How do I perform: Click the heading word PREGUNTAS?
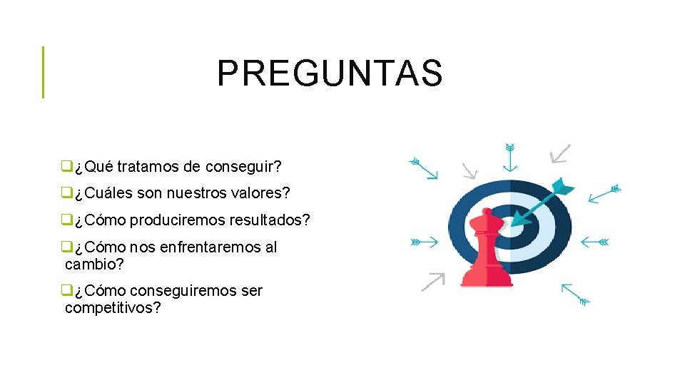tap(330, 73)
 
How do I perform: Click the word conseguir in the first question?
tap(243, 167)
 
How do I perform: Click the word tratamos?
tap(148, 167)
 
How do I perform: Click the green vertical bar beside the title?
tap(43, 72)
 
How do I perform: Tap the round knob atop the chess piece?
tap(487, 212)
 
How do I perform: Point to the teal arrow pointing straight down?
tap(509, 157)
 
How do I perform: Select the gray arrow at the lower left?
tap(432, 282)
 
